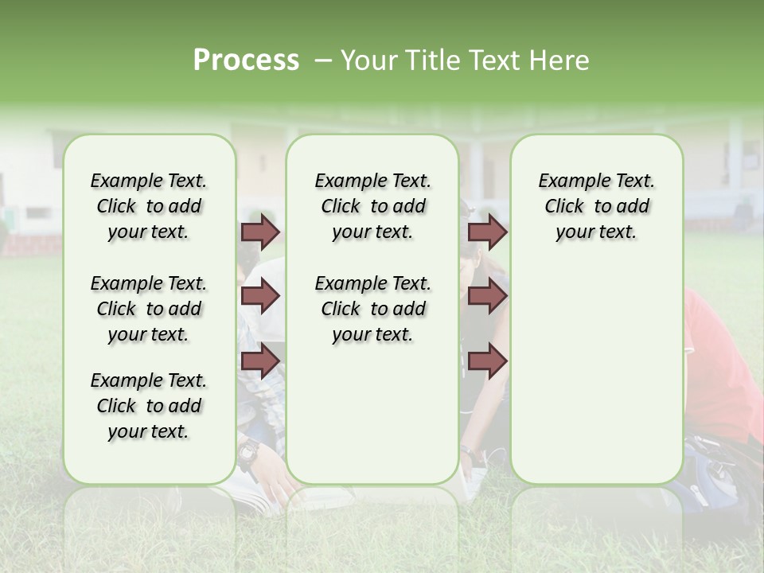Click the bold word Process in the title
pos(246,60)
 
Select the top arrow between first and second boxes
pos(260,232)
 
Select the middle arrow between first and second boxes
pos(260,297)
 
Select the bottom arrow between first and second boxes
pos(260,361)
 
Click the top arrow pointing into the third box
pos(487,232)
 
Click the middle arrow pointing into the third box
pos(487,297)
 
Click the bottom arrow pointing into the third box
pos(487,361)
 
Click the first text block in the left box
pos(149,206)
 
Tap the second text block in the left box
pos(149,309)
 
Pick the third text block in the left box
pos(149,406)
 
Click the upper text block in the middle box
pos(372,206)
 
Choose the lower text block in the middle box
pos(372,309)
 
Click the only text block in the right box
pos(596,206)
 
